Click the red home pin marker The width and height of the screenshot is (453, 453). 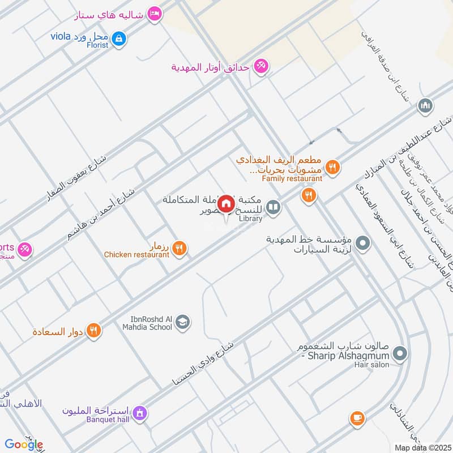[226, 204]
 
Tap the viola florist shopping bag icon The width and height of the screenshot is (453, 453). [119, 39]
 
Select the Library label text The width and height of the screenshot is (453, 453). [250, 219]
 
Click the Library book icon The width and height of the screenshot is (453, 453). [273, 208]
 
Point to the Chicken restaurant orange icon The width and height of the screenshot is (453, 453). [180, 247]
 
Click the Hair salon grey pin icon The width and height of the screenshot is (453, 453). [400, 354]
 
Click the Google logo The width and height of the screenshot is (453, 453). [24, 445]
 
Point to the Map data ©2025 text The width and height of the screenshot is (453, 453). [422, 447]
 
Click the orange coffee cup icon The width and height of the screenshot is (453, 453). [356, 418]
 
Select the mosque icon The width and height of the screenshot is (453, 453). [425, 105]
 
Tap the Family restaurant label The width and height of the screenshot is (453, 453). [292, 178]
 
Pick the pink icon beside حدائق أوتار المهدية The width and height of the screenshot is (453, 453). [260, 67]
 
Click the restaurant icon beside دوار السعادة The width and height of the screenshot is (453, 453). [95, 330]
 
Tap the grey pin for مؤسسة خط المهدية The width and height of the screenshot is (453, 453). [363, 245]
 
